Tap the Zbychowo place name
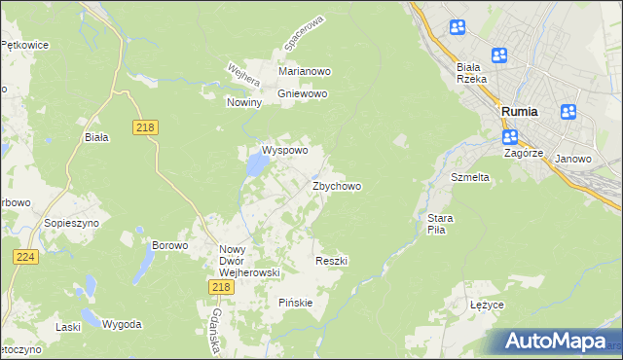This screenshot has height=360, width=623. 337,186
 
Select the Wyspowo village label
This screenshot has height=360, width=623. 284,151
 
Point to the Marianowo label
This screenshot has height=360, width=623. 306,72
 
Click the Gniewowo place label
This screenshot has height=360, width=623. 303,94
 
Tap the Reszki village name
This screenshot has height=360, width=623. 332,262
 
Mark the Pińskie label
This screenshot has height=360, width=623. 295,303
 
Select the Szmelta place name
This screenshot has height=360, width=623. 469,178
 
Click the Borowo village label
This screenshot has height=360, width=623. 169,246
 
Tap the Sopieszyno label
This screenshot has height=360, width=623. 68,223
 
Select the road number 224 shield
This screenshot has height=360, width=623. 26,256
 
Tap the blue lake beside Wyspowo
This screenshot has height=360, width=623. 255,166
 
